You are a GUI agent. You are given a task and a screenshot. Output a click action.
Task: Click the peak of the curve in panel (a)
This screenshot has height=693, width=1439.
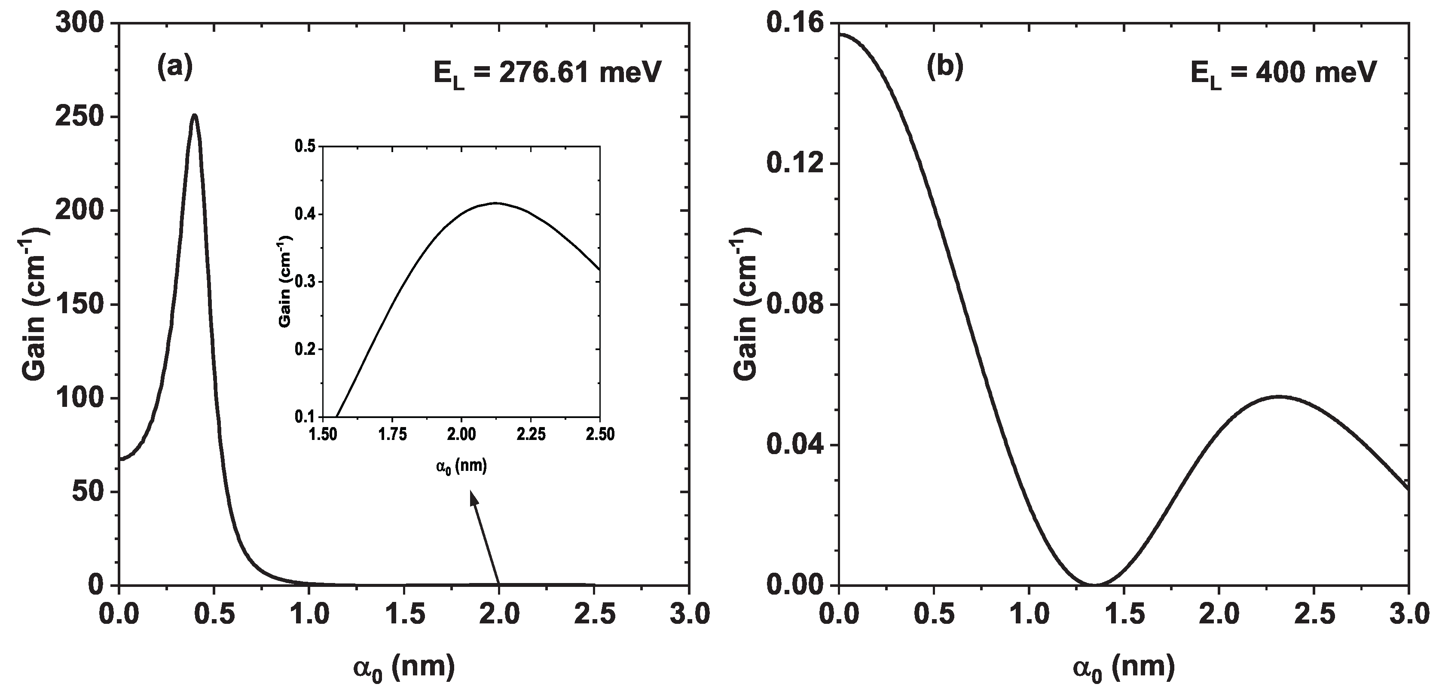point(194,116)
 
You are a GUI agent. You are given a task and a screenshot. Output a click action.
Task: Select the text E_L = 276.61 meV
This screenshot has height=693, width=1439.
point(547,74)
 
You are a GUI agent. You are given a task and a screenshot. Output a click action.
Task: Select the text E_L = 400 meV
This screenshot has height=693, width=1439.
point(1283,74)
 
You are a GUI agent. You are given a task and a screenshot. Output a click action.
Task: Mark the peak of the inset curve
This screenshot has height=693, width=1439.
point(495,203)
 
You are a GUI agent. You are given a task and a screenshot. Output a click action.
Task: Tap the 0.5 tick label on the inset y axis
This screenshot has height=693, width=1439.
point(305,147)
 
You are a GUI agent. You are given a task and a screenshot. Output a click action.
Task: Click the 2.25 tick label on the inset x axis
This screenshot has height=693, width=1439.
point(531,435)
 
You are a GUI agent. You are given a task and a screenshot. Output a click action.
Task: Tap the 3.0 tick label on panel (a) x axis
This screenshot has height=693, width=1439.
point(688,615)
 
